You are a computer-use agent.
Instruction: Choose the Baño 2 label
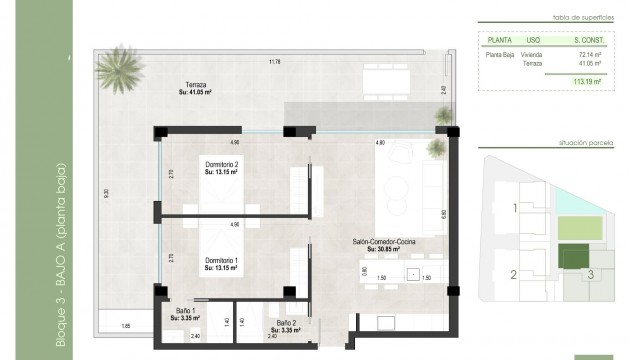pyautogui.click(x=286, y=323)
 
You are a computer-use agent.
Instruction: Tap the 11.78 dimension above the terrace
pyautogui.click(x=274, y=63)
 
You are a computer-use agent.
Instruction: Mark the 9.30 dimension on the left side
pyautogui.click(x=91, y=194)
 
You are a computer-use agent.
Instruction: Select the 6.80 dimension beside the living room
pyautogui.click(x=443, y=213)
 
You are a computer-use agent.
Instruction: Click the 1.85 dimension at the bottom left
pyautogui.click(x=126, y=326)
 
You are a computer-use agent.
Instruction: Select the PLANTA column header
pyautogui.click(x=499, y=41)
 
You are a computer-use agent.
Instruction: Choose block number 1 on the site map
pyautogui.click(x=515, y=209)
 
